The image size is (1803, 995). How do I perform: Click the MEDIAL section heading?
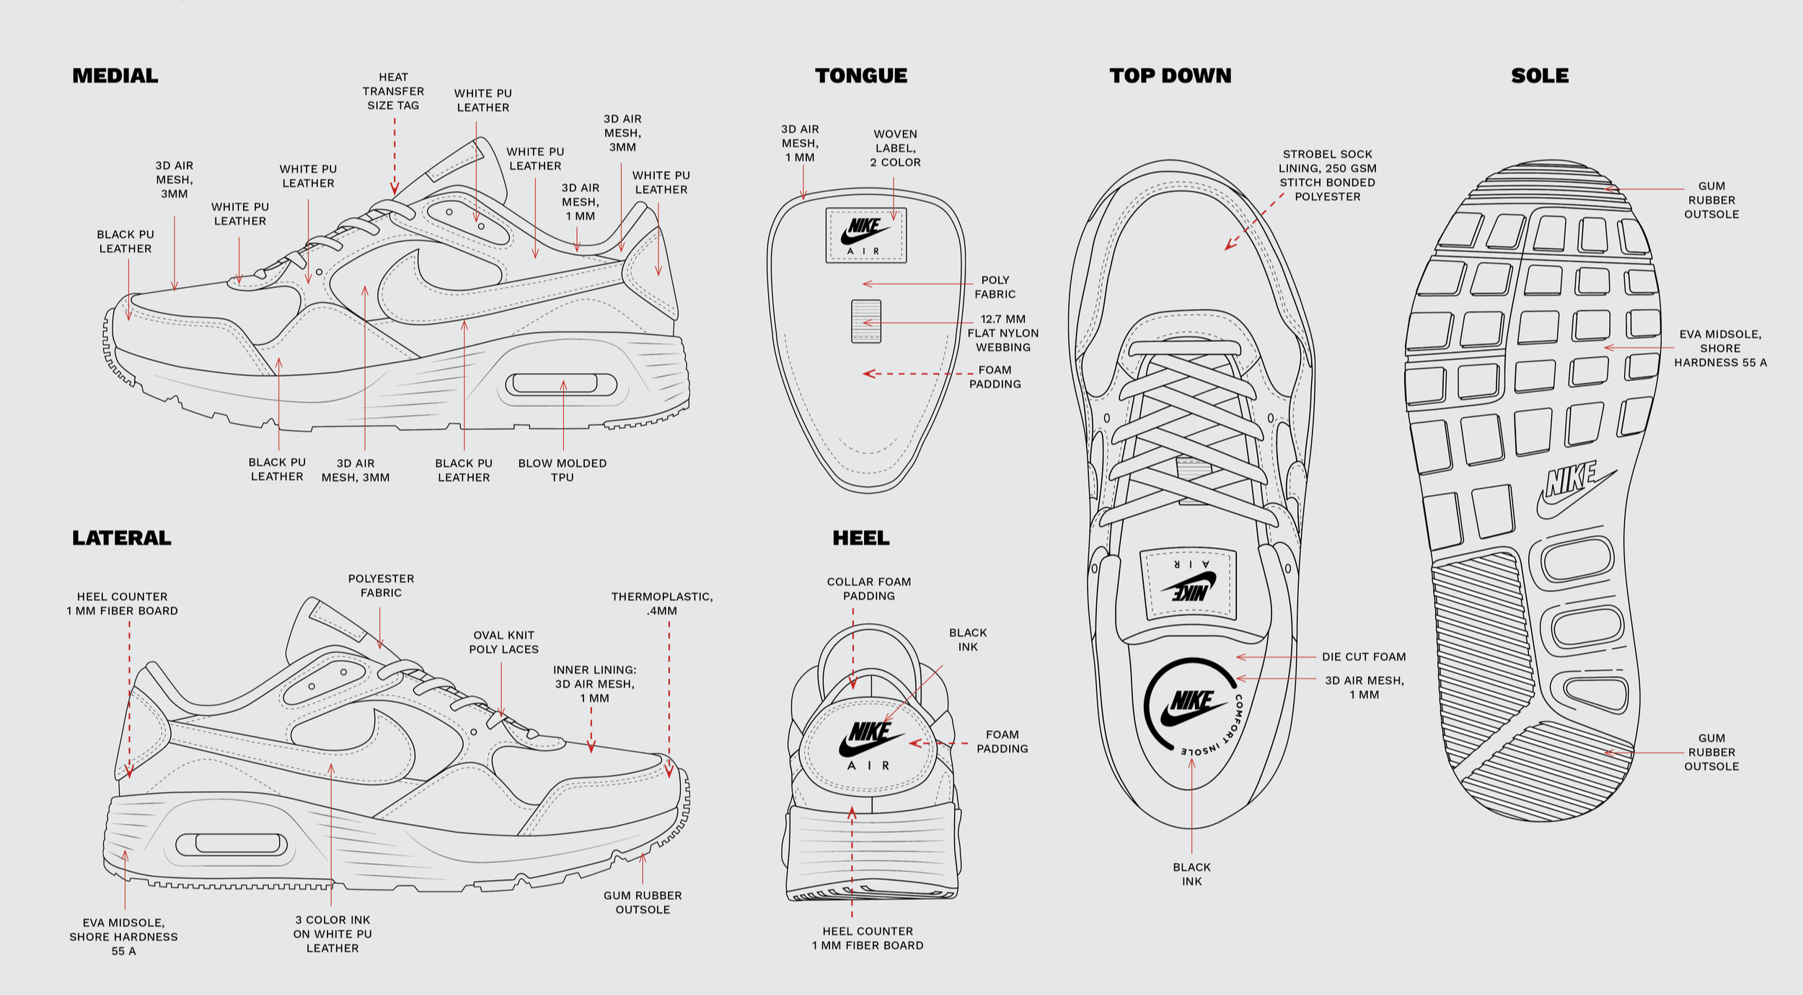point(115,76)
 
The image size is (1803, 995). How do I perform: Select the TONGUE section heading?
point(861,76)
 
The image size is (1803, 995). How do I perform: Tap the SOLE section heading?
point(1540,76)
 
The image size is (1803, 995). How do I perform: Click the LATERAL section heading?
point(122,538)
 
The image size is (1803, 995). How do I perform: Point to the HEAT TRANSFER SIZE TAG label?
point(393,91)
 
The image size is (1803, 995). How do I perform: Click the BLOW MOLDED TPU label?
point(563,470)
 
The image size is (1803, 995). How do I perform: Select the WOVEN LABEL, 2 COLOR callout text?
point(895,148)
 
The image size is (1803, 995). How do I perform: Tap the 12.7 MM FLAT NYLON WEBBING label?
point(1003,333)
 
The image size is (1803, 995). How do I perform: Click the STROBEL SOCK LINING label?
point(1328,175)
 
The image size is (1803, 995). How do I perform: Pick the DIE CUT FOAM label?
point(1364,657)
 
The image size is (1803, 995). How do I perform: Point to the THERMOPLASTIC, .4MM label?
point(662,603)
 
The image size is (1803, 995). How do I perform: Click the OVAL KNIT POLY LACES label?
point(504,642)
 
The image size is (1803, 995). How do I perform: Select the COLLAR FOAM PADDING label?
point(869,589)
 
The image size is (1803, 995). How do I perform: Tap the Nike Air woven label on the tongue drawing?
point(866,235)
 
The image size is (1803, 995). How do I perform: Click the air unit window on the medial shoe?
point(561,384)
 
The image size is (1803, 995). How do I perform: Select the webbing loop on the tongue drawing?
point(866,321)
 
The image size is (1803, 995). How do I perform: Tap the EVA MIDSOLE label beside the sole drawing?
point(1720,348)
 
